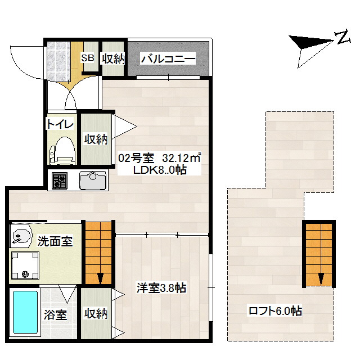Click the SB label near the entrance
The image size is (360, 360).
(88, 58)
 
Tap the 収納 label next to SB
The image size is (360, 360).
(112, 58)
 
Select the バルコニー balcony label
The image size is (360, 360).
(168, 58)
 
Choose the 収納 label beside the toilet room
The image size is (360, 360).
(96, 139)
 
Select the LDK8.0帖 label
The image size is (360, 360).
(160, 170)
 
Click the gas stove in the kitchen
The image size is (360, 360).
(59, 181)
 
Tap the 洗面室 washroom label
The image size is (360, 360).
(55, 242)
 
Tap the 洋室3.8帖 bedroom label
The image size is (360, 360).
(161, 288)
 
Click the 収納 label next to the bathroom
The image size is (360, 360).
(96, 313)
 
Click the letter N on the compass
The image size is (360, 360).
(341, 38)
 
